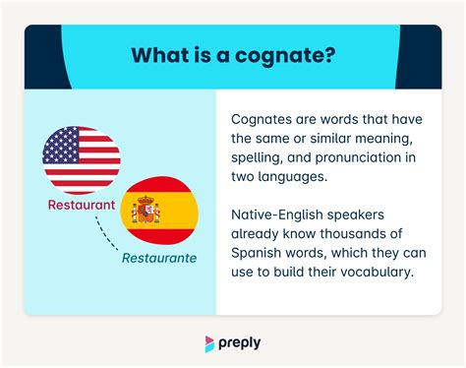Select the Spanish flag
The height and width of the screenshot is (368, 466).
point(158,210)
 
